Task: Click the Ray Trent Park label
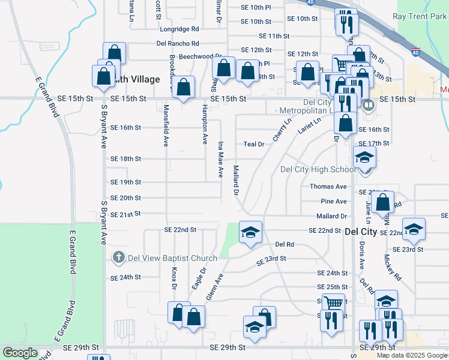point(420,16)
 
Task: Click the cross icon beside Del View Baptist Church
point(118,258)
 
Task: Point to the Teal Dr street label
point(254,144)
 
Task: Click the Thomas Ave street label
point(328,187)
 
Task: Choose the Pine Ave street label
point(334,202)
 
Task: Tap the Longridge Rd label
point(179,29)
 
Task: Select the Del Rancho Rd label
point(178,44)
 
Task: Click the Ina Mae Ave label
point(220,159)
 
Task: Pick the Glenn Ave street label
point(215,286)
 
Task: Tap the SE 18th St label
point(125,159)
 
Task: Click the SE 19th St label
point(125,182)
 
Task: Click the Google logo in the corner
point(20,353)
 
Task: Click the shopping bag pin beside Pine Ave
point(382,202)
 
